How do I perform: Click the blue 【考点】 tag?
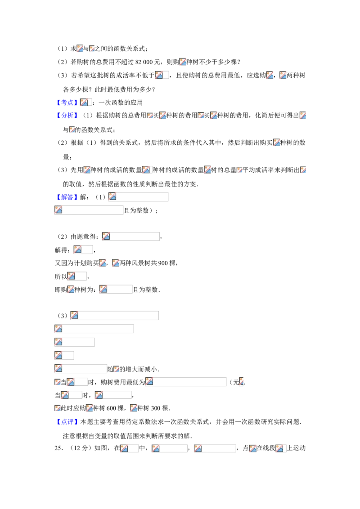point(67,103)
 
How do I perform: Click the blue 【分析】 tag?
point(67,115)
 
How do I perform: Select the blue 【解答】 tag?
point(67,197)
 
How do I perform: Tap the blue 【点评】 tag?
point(67,422)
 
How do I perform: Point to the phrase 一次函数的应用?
point(121,103)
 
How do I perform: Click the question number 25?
point(58,448)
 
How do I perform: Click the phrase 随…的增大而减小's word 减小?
point(151,369)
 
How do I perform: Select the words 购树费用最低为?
point(123,382)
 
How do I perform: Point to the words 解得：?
point(62,250)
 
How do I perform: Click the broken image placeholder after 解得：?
point(83,250)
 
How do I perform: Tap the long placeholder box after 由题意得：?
point(131,237)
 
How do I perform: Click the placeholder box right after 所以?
point(77,276)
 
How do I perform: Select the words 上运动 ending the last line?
point(296,448)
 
